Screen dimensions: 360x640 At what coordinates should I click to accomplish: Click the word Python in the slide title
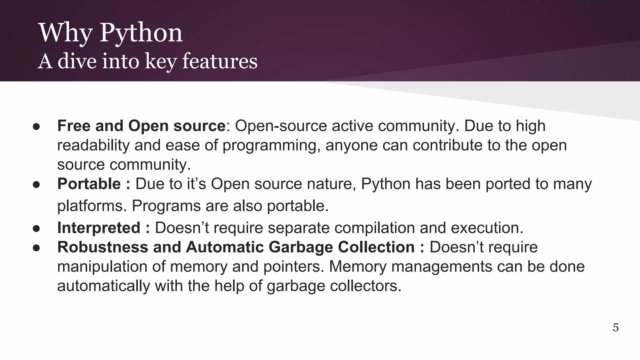click(141, 33)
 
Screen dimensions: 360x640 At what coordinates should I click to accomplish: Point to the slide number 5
click(615, 327)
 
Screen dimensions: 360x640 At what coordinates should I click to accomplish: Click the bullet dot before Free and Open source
click(36, 127)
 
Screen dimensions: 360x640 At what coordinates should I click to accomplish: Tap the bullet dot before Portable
click(36, 184)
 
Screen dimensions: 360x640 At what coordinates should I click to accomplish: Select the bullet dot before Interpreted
click(36, 228)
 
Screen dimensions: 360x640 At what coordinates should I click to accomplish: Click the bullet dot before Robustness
click(36, 248)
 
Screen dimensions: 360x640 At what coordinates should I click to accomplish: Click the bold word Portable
click(89, 184)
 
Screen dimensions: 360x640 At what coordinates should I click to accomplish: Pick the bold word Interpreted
click(99, 228)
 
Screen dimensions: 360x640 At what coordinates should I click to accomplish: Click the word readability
click(93, 145)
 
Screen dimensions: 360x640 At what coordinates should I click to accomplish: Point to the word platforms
click(92, 206)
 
